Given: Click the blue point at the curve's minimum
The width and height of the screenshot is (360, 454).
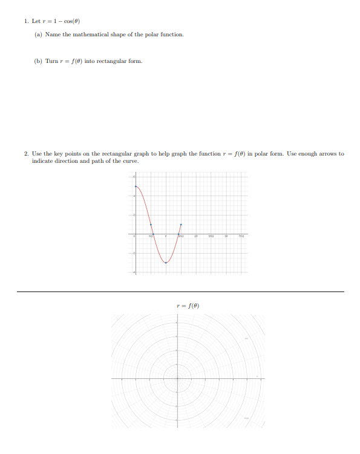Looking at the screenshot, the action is [166, 263].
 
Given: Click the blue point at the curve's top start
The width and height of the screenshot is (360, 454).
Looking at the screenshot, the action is [136, 186].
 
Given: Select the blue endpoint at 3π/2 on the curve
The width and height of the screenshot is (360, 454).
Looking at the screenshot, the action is [181, 225].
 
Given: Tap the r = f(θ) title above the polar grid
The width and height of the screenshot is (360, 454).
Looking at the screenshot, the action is [187, 306].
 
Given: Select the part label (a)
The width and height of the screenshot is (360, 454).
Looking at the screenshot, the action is [39, 35].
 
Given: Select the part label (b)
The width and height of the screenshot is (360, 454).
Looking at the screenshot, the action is [39, 61].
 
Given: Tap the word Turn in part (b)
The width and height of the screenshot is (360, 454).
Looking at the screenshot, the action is [51, 61].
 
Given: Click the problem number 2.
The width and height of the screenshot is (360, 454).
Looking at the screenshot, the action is [26, 154].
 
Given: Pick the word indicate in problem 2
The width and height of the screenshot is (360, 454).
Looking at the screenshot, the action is [42, 161].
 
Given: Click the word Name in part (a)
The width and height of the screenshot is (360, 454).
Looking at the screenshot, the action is [52, 35].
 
